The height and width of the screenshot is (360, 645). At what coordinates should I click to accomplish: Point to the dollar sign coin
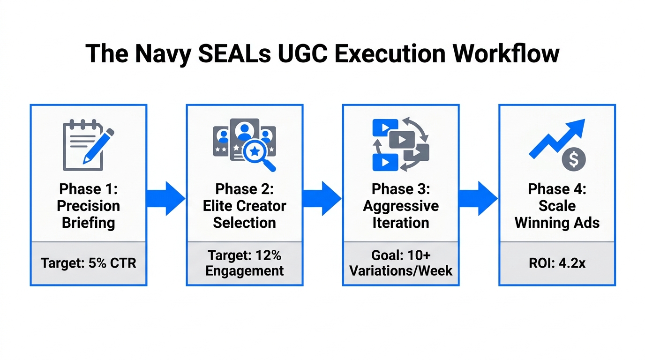pos(573,159)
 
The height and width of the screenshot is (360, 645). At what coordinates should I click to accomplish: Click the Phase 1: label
pos(88,189)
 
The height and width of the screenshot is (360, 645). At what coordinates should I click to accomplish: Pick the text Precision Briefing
pos(88,214)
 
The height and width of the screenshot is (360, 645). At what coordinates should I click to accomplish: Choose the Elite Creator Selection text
pos(244,214)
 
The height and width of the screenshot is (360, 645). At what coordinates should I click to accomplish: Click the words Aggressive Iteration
pos(401,214)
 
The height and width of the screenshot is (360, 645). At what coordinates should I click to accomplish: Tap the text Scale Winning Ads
pos(557,214)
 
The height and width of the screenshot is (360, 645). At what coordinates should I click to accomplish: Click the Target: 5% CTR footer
pos(88,263)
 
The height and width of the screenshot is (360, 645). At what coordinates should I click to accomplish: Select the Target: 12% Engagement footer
pos(244,263)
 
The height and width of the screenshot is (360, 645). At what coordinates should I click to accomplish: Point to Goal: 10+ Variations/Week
pos(401,263)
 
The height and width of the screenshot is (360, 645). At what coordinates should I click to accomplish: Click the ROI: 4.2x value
pos(557,263)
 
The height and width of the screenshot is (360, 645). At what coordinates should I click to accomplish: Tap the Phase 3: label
pos(401,189)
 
